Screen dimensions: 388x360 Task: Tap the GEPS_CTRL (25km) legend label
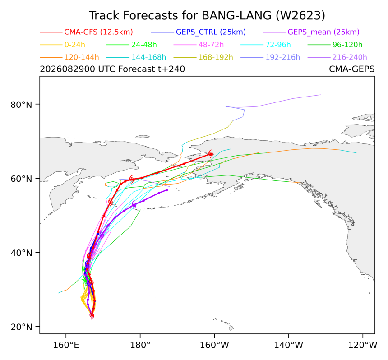(x=211, y=32)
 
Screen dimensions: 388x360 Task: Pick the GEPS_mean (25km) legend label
(x=323, y=32)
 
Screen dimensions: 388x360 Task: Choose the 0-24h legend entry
(x=75, y=45)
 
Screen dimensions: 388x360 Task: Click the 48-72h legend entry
(x=211, y=45)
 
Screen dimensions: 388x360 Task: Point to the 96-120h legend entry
(x=347, y=45)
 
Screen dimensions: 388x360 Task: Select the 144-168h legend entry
(x=149, y=57)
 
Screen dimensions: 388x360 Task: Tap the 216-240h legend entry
(x=350, y=57)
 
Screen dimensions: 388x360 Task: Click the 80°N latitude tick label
(x=22, y=104)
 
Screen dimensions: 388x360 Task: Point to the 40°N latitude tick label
(x=22, y=253)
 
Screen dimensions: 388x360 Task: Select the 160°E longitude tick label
(x=66, y=345)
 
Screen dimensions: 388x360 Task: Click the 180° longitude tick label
(x=140, y=345)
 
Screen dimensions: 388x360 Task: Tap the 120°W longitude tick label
(x=363, y=345)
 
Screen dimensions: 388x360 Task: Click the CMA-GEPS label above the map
(x=351, y=69)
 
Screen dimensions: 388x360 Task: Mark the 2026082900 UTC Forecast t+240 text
(x=112, y=69)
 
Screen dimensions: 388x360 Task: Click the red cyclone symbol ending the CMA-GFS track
(x=211, y=154)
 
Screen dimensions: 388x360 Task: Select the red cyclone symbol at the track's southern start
(x=92, y=315)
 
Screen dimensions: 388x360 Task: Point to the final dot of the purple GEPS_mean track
(x=167, y=190)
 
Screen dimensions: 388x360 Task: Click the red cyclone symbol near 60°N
(x=132, y=179)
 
